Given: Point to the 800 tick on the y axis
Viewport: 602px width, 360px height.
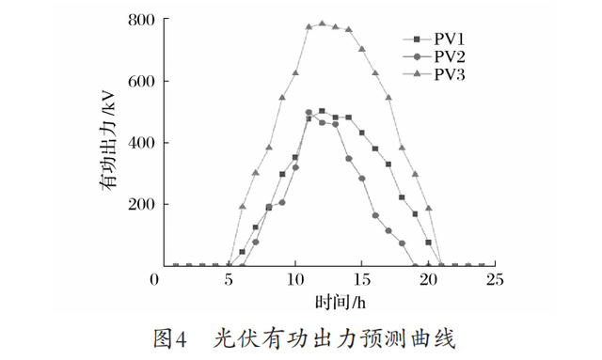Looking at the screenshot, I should click(141, 20).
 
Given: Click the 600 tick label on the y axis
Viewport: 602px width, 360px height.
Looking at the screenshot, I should click(141, 81).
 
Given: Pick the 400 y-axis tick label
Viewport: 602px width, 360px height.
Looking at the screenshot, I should click(141, 143).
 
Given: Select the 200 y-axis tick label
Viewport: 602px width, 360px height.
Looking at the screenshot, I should click(141, 204).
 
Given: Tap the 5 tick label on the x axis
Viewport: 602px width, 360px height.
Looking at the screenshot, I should click(229, 280).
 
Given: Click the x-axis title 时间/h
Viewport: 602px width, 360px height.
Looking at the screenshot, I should click(328, 304).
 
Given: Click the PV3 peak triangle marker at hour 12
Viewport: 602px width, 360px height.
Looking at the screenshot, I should click(322, 23).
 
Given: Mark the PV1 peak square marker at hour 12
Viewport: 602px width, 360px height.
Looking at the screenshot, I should click(322, 111).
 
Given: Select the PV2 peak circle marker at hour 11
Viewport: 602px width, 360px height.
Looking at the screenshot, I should click(309, 113).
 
